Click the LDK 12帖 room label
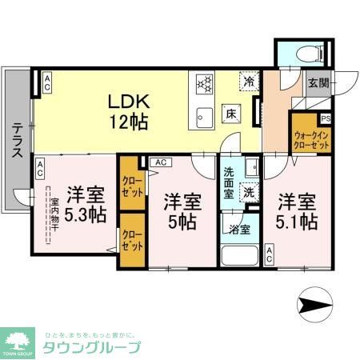[126, 111]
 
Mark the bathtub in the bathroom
[240, 256]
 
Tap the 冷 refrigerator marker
[250, 82]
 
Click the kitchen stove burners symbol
[203, 82]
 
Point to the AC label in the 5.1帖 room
[270, 254]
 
